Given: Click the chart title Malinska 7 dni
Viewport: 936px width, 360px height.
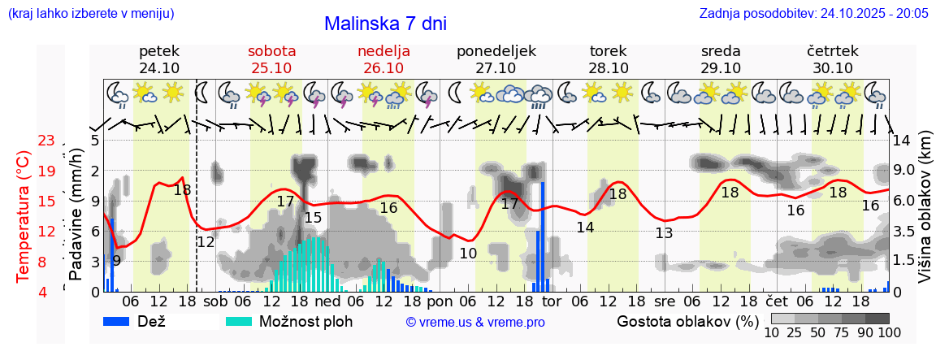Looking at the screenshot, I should point(385,24).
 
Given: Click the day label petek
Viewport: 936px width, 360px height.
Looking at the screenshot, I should point(159,51).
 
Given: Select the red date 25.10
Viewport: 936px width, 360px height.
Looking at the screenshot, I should point(271,68).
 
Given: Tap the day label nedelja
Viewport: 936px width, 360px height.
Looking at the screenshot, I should point(383,51).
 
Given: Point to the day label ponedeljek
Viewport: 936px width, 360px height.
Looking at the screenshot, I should point(496,51).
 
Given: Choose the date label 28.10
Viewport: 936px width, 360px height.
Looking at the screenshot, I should point(609,68).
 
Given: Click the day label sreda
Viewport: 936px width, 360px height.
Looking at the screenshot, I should point(721,51).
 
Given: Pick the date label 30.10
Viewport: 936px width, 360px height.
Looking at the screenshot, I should point(833,68).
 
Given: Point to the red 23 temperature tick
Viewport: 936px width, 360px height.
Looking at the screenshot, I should point(46,141).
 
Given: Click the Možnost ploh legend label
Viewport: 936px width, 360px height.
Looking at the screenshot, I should point(305,321).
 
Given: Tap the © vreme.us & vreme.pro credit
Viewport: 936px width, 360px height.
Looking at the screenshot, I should point(475,322).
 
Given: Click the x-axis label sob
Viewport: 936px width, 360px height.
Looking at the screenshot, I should point(216,301).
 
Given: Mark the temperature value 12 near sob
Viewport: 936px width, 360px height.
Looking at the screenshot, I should point(206,241).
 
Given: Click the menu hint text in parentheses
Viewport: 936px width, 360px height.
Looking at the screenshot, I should point(90,14).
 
